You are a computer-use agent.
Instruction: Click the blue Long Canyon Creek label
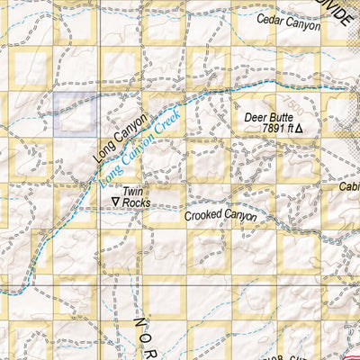pyautogui.click(x=135, y=151)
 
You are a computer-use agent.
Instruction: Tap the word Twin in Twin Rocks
pyautogui.click(x=133, y=192)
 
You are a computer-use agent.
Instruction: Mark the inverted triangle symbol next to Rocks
pyautogui.click(x=115, y=203)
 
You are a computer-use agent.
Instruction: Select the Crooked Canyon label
pyautogui.click(x=220, y=217)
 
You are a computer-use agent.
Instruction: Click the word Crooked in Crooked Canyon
pyautogui.click(x=203, y=217)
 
